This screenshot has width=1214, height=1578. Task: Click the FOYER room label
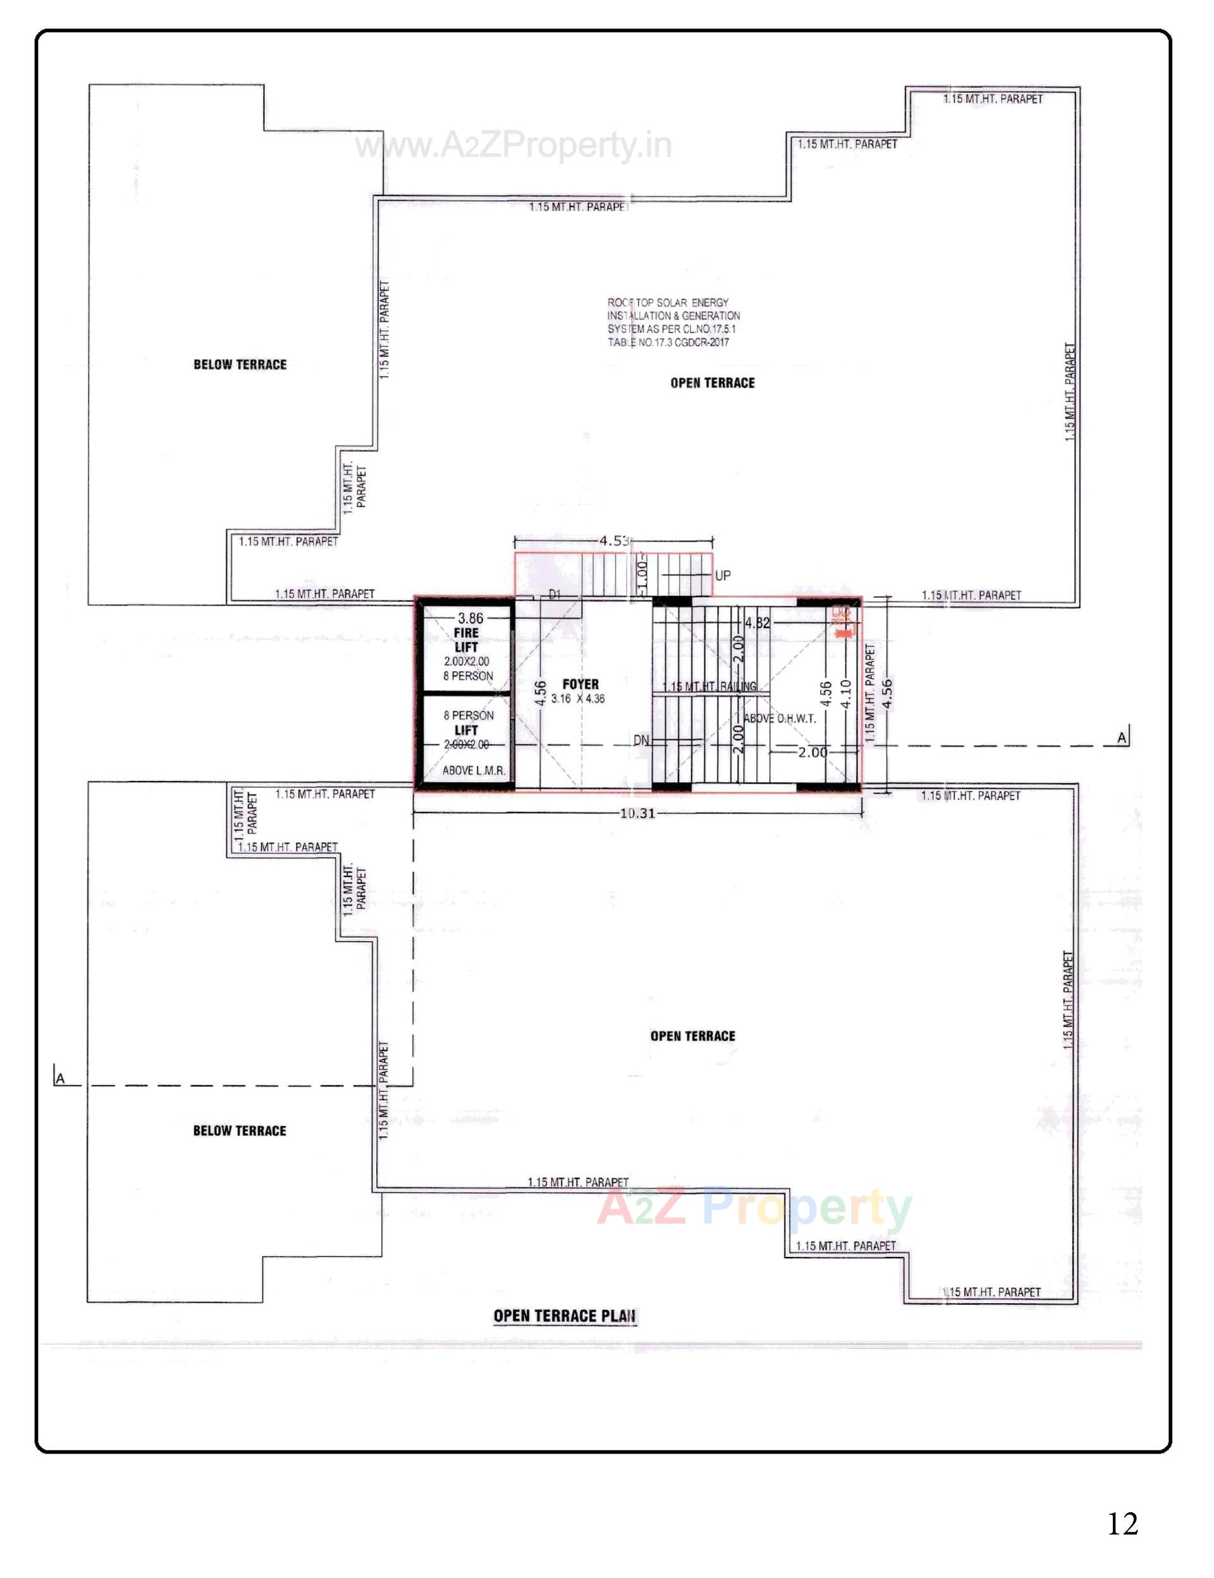580,683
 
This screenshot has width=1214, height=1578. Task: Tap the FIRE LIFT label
466,640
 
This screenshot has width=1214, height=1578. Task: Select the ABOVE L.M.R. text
474,770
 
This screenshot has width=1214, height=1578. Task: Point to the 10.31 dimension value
637,813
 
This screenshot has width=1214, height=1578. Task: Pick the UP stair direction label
722,576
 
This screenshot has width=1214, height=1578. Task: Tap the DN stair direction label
641,740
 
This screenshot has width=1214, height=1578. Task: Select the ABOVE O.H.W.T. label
780,719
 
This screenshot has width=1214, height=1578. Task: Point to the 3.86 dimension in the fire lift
470,618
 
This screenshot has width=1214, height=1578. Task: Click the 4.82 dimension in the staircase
757,622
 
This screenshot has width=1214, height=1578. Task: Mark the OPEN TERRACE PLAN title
565,1316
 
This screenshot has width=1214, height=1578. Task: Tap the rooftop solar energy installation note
673,322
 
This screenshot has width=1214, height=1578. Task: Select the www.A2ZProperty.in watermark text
513,147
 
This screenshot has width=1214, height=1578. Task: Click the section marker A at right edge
1122,737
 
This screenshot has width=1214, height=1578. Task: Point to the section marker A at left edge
60,1079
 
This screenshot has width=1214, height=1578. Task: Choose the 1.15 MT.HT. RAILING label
709,686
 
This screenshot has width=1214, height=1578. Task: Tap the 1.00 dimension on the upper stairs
642,575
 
